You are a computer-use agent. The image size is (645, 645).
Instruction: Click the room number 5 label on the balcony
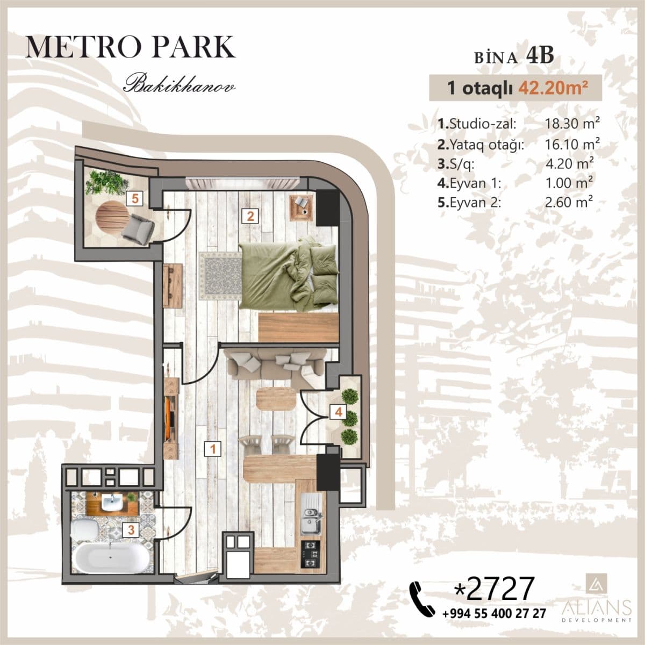pyautogui.click(x=134, y=198)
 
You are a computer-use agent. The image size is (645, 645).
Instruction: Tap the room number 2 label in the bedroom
pyautogui.click(x=250, y=217)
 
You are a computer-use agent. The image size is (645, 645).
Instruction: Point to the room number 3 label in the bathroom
pyautogui.click(x=131, y=530)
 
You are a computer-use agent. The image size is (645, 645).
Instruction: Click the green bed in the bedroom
pyautogui.click(x=288, y=274)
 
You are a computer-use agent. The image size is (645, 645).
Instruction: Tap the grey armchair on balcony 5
pyautogui.click(x=137, y=226)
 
